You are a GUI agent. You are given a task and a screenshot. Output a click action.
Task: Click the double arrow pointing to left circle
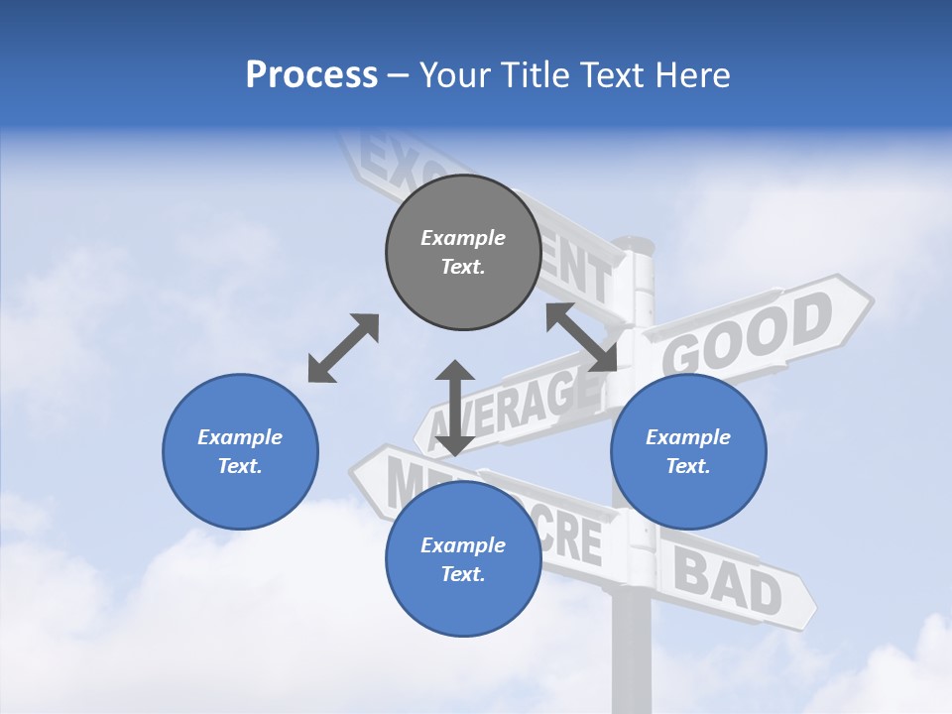pyautogui.click(x=343, y=348)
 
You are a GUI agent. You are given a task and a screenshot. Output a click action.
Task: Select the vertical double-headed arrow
pyautogui.click(x=455, y=408)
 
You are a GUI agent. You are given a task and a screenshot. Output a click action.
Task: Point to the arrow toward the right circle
pyautogui.click(x=581, y=337)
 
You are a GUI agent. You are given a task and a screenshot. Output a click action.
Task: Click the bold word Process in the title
pyautogui.click(x=311, y=75)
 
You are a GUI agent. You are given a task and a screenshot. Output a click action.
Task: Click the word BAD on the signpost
pyautogui.click(x=729, y=581)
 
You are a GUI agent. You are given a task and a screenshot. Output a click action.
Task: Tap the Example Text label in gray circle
pyautogui.click(x=463, y=252)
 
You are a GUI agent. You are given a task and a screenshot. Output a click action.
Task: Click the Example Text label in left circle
pyautogui.click(x=240, y=451)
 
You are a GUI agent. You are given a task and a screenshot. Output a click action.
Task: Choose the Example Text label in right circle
pyautogui.click(x=688, y=451)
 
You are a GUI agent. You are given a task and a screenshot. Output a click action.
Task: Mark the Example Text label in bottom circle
pyautogui.click(x=463, y=559)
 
